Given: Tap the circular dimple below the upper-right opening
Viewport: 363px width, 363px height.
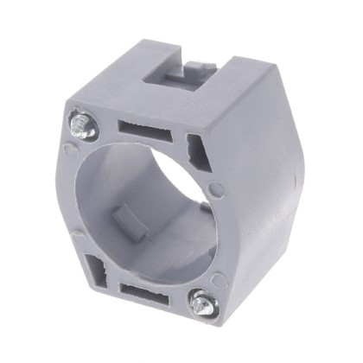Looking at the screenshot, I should pos(215,188).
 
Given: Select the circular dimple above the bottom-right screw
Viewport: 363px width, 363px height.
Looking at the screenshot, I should pos(218,278).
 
